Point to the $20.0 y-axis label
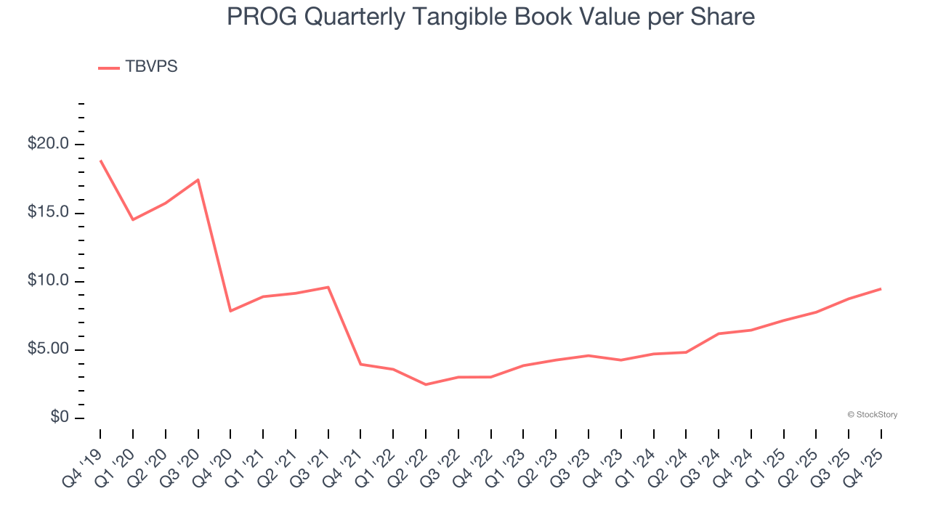click(x=48, y=144)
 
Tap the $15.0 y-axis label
click(x=48, y=213)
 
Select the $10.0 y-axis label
click(x=48, y=281)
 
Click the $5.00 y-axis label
click(x=48, y=349)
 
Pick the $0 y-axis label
click(x=60, y=418)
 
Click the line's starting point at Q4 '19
click(x=100, y=161)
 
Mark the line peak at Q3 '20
click(x=198, y=179)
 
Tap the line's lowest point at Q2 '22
click(x=426, y=384)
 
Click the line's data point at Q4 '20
click(x=230, y=311)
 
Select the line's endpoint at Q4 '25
click(x=881, y=289)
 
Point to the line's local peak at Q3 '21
click(x=328, y=287)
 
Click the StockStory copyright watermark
click(x=873, y=415)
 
